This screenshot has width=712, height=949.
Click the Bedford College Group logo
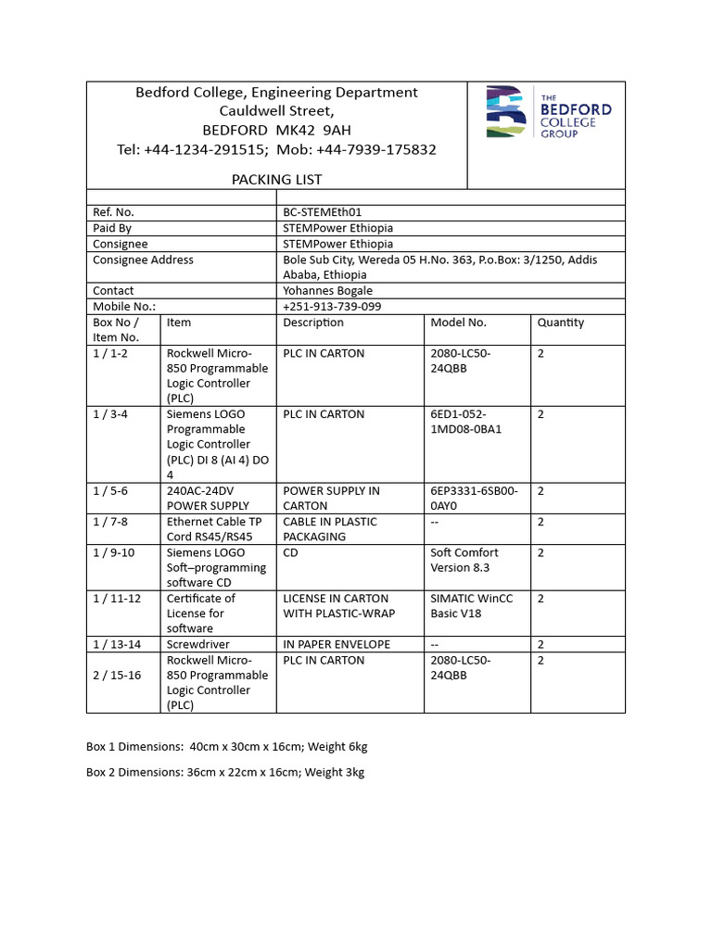tap(548, 113)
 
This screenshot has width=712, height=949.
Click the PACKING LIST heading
tap(276, 180)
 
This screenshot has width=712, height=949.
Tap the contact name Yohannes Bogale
tap(327, 291)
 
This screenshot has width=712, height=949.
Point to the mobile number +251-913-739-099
tap(332, 307)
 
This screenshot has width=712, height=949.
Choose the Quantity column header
tap(561, 323)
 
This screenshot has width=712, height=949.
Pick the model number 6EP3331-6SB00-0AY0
tap(474, 499)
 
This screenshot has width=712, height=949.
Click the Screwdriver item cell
tap(197, 644)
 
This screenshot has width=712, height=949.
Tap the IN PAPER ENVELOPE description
tap(337, 644)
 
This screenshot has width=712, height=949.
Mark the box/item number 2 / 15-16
tap(117, 676)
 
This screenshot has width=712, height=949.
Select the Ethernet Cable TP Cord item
tap(214, 529)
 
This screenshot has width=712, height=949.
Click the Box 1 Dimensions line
tap(227, 747)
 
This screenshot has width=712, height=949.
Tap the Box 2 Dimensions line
tap(225, 773)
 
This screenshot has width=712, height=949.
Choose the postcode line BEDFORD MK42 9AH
tap(276, 131)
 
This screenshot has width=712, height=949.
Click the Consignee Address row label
tap(143, 260)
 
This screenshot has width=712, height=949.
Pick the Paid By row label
tap(112, 228)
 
